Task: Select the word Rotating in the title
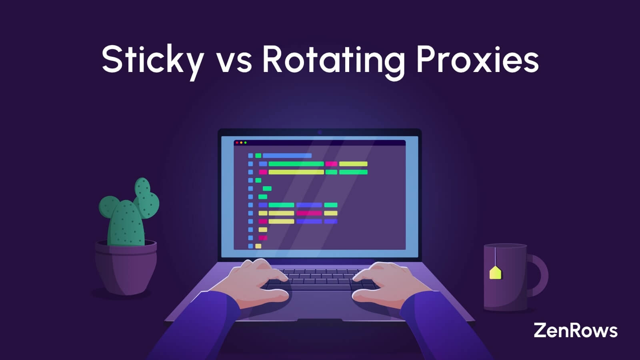coord(333,61)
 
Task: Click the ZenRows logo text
coord(575,330)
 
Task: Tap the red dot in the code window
coord(237,143)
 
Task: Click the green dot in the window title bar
coord(246,143)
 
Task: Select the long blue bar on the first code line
coord(287,156)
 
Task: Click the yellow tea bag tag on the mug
coord(495,273)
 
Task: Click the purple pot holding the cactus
coord(126,266)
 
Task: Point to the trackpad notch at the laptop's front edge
coord(320,320)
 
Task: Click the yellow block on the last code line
coord(258,246)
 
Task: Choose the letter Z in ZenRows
coord(540,330)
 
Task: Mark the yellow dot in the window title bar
coord(241,143)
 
